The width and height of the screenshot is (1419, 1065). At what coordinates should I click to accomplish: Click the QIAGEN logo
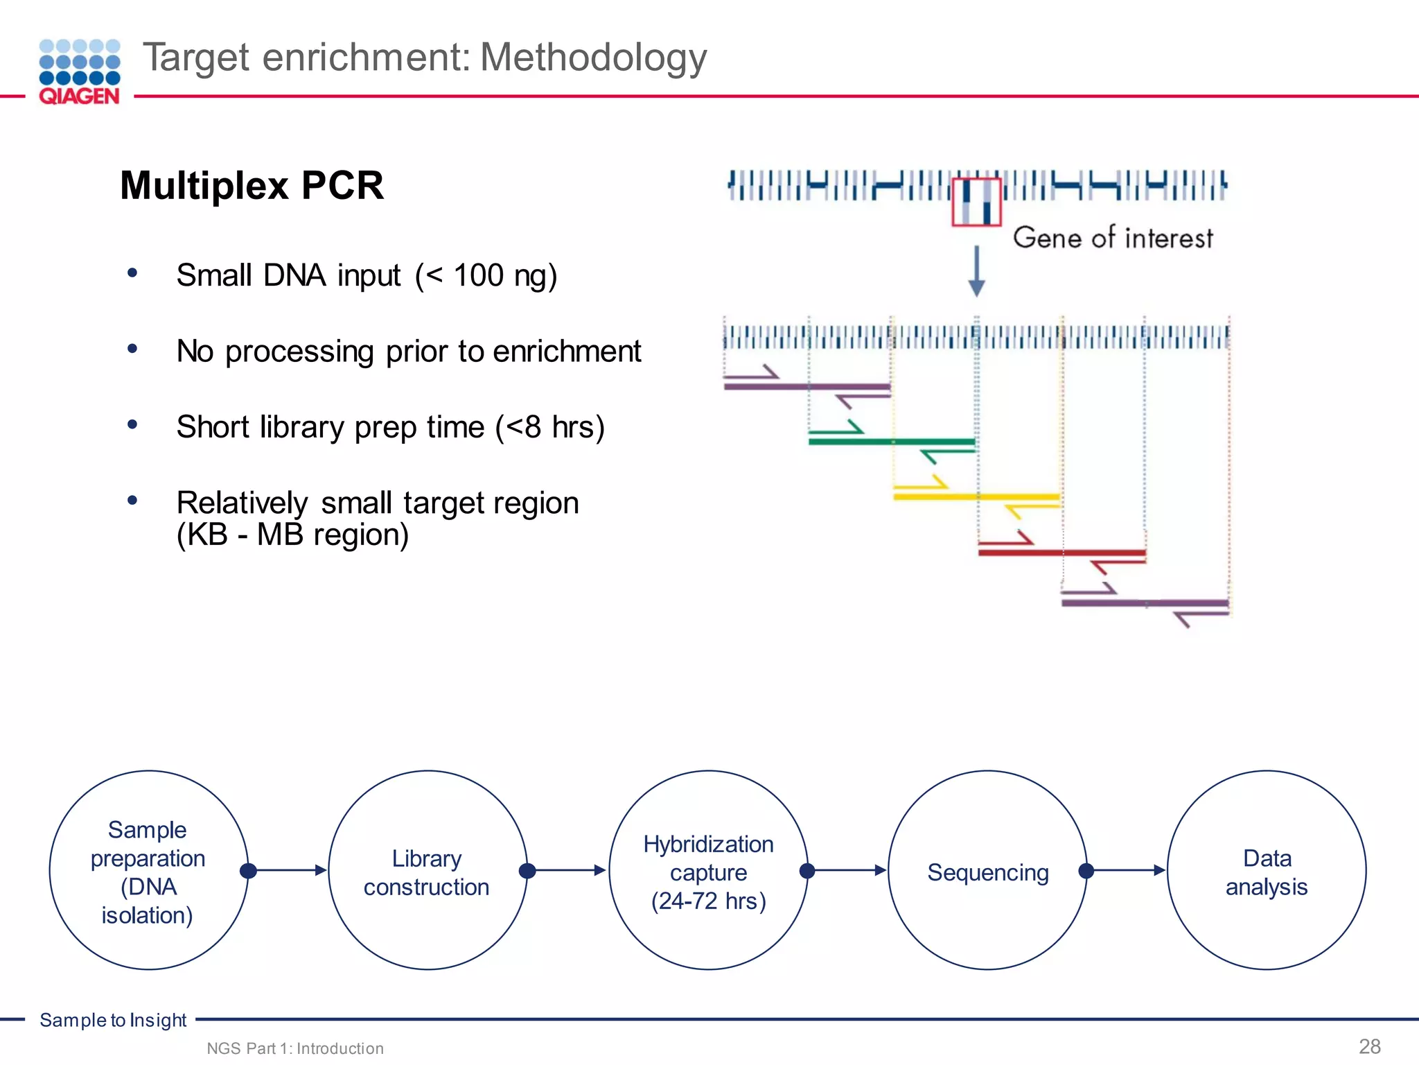pos(79,72)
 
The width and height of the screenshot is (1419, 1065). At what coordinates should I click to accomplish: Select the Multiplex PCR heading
pos(252,186)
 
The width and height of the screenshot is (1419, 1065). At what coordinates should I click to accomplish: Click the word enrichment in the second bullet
pos(567,352)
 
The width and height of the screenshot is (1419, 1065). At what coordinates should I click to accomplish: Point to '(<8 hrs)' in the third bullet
pos(550,427)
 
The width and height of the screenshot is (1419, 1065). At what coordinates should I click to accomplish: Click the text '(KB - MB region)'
pos(292,535)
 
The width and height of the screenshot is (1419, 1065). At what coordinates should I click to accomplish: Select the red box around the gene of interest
pos(976,202)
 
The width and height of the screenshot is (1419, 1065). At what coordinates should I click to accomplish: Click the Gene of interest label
pos(1113,238)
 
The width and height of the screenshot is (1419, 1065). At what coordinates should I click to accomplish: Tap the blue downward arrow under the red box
pos(976,270)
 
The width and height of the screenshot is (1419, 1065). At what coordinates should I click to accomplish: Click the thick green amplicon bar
pos(892,441)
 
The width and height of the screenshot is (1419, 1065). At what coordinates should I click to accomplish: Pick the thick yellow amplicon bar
pos(976,496)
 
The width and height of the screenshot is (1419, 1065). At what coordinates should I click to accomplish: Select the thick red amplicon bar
pos(1061,553)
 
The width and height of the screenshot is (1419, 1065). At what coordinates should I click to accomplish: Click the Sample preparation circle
pos(148,870)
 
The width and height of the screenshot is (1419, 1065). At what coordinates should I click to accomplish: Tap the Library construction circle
pos(428,870)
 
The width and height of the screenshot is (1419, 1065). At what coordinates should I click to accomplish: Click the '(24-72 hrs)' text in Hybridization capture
pos(708,901)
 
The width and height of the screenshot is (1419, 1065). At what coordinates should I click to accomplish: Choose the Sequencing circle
pos(987,870)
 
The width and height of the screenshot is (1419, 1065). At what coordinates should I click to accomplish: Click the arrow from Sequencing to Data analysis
pos(1126,870)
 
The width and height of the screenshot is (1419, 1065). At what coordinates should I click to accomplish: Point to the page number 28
pos(1369,1046)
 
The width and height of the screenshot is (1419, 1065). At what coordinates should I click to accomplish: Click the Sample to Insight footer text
pos(113,1020)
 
